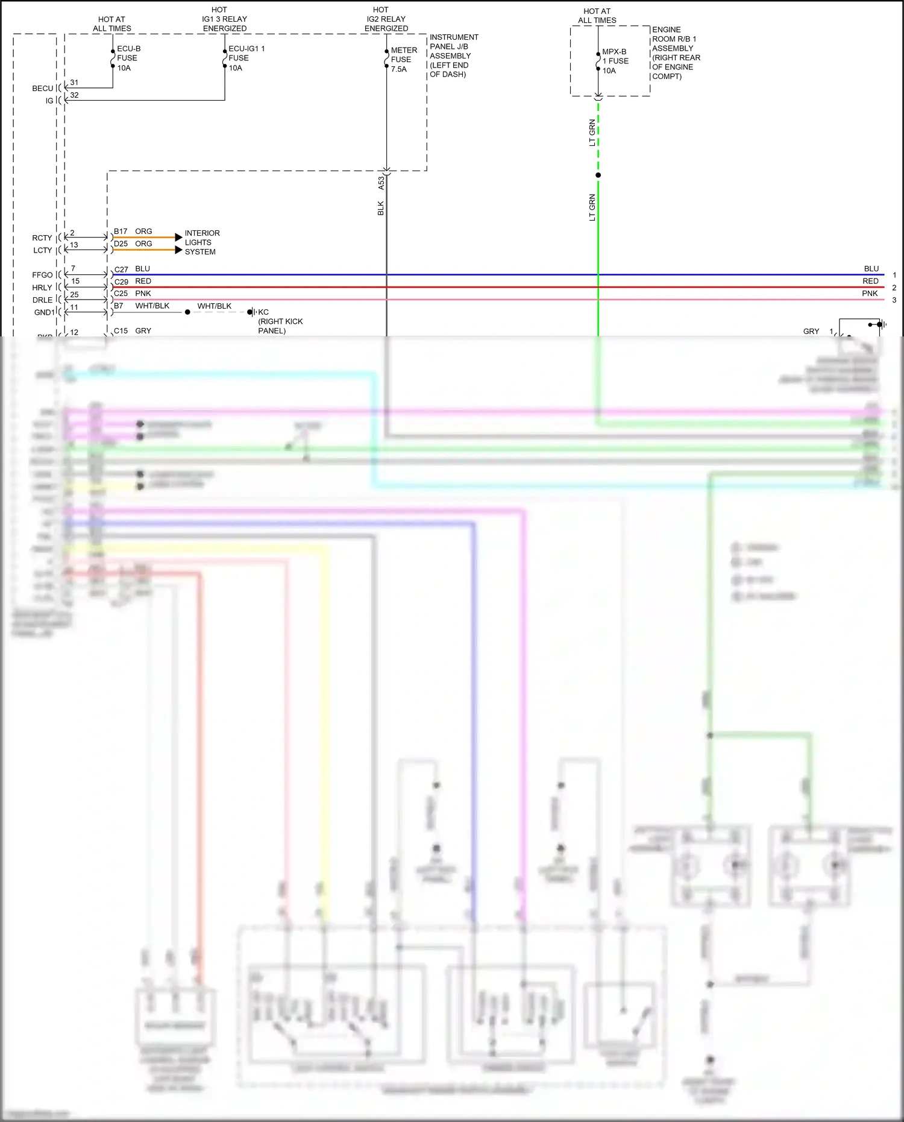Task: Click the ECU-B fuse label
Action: click(127, 58)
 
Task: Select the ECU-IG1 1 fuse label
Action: click(245, 58)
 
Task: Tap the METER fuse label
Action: click(403, 59)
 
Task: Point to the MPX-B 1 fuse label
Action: click(615, 61)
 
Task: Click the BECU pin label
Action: click(43, 89)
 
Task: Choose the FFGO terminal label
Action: click(42, 275)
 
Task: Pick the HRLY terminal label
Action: click(42, 288)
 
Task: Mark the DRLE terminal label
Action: click(42, 300)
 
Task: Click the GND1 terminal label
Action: click(44, 312)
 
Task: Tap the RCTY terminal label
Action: click(42, 238)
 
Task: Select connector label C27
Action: click(121, 269)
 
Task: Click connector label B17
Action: click(121, 232)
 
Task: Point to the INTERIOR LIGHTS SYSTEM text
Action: click(202, 242)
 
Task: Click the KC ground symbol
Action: click(251, 312)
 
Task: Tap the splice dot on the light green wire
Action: click(598, 175)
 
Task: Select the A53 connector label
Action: click(381, 183)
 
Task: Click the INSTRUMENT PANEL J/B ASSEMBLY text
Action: click(453, 55)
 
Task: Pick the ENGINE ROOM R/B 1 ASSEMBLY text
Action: click(676, 52)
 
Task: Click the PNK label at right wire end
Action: click(870, 294)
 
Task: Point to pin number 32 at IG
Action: click(74, 95)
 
